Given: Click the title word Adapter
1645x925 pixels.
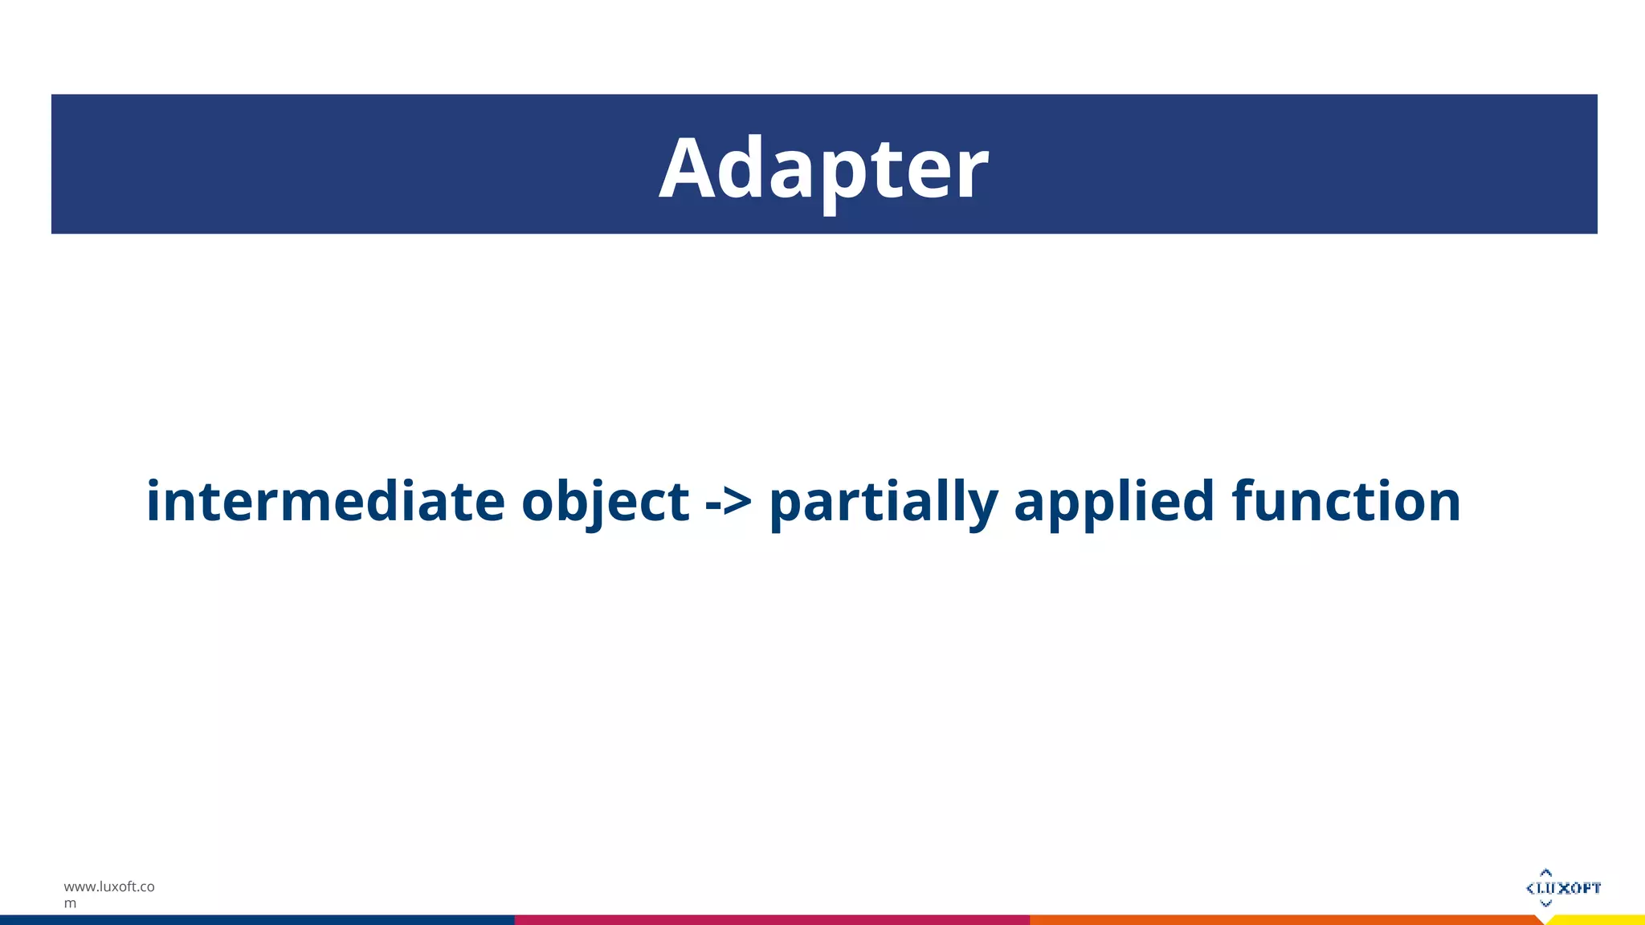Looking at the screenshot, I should click(823, 169).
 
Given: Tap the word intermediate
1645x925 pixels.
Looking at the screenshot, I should click(325, 501).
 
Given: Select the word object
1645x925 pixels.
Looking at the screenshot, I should click(605, 501).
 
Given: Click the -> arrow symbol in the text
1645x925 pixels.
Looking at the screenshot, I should click(729, 503).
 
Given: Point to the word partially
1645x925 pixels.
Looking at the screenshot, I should click(884, 501).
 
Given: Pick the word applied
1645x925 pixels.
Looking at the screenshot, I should click(1114, 501).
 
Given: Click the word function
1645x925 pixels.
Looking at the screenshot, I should click(1346, 501).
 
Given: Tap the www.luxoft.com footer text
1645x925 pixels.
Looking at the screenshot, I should click(109, 887).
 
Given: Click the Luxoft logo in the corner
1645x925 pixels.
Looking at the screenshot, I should click(1563, 888).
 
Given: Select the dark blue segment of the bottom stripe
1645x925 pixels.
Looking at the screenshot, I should click(257, 920).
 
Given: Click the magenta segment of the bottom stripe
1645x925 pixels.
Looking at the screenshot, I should click(771, 920).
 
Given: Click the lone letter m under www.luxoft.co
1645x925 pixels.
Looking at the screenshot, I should click(71, 904).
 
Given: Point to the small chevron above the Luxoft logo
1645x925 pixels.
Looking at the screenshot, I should click(1546, 873).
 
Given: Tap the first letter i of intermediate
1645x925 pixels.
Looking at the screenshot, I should click(153, 501).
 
